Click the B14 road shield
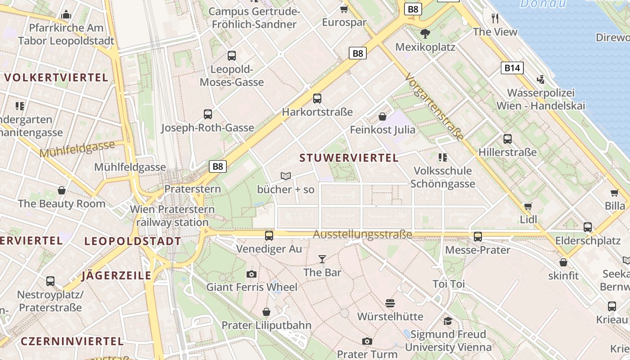(x=512, y=68)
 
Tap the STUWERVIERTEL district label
(x=349, y=158)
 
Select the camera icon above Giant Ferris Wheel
(x=252, y=274)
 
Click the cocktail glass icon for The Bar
(x=322, y=259)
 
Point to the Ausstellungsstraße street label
(x=362, y=234)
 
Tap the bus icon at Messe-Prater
(x=478, y=236)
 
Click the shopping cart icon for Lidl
(x=528, y=206)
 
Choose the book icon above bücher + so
(x=286, y=176)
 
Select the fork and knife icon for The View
(x=495, y=18)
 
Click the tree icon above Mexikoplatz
(x=425, y=33)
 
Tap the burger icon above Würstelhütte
(x=390, y=303)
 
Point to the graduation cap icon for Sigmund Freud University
(x=448, y=321)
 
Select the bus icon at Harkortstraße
(x=317, y=99)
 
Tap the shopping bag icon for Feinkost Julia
(x=382, y=117)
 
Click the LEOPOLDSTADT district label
(x=132, y=241)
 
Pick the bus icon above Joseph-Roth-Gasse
(x=207, y=114)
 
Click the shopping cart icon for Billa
(x=615, y=193)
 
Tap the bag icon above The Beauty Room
(x=62, y=190)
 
